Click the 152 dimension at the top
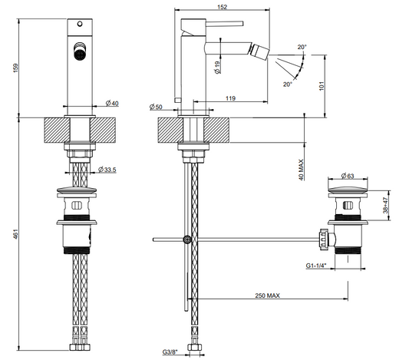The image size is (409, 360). click(x=222, y=7)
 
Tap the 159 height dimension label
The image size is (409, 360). click(x=16, y=68)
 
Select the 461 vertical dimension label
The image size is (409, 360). click(x=16, y=234)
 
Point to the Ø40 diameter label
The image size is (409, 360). click(x=112, y=104)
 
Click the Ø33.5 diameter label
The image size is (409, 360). click(x=107, y=170)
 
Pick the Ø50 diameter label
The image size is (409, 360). click(x=156, y=107)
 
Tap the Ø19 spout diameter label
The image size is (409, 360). click(x=217, y=68)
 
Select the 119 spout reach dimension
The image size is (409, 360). click(x=230, y=98)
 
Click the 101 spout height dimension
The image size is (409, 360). click(x=322, y=86)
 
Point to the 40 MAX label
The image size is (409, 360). click(x=302, y=170)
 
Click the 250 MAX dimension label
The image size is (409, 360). click(x=267, y=296)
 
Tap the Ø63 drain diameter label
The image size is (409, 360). click(x=348, y=176)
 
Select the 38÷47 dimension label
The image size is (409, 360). click(x=386, y=205)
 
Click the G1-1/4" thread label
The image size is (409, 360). click(x=316, y=266)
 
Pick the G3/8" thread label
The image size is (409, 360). click(x=170, y=352)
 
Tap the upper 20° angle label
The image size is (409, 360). click(x=302, y=47)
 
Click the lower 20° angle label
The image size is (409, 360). click(x=288, y=84)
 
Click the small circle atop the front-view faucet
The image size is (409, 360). click(x=80, y=25)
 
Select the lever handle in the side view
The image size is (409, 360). click(x=224, y=24)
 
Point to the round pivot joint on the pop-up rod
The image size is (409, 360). click(x=187, y=239)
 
